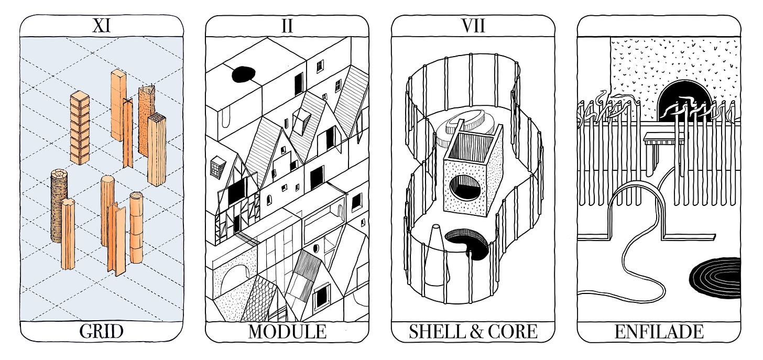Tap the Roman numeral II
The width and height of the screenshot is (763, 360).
point(287,26)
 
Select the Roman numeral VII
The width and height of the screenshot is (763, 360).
point(473,26)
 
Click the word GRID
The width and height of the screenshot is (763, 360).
point(102,331)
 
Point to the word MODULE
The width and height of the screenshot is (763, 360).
point(287,331)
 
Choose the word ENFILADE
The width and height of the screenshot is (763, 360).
point(659,331)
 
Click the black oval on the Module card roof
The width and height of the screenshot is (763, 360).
point(243,74)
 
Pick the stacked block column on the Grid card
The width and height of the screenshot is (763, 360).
point(80,126)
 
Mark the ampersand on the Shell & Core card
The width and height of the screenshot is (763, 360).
point(474,331)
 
